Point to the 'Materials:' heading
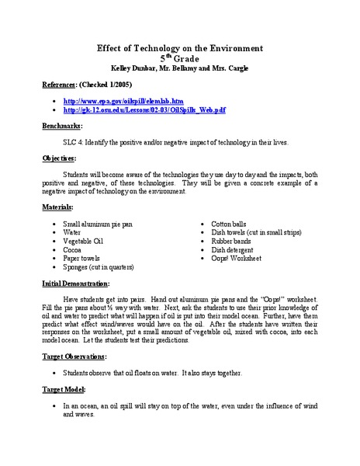(x=61, y=207)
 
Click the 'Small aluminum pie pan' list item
(x=98, y=224)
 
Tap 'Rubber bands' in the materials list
(x=223, y=241)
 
